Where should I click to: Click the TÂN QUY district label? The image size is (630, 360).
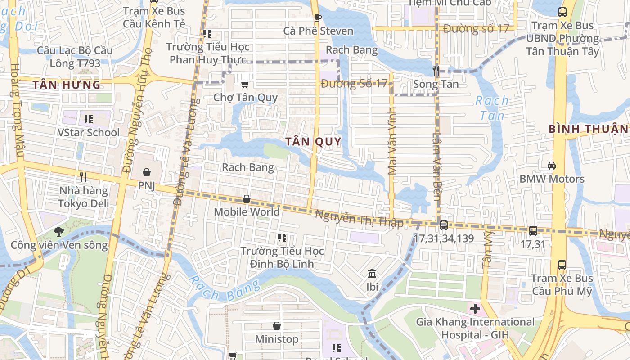(x=313, y=142)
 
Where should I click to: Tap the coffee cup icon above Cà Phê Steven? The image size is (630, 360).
(x=318, y=18)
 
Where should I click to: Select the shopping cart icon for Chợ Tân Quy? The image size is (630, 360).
(x=245, y=84)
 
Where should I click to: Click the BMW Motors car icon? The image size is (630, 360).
(x=552, y=166)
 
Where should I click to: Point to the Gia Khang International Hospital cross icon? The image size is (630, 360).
(x=475, y=309)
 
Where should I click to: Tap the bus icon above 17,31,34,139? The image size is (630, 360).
(x=443, y=225)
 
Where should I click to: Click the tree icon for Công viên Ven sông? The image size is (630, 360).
(x=59, y=232)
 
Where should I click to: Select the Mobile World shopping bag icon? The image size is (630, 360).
(x=247, y=199)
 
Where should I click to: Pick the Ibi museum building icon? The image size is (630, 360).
(x=372, y=274)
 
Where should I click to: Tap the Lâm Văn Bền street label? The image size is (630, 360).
(x=436, y=160)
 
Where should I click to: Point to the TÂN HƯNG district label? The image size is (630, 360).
(x=67, y=85)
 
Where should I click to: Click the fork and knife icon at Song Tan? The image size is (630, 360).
(x=436, y=71)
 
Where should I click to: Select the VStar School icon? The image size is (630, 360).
(x=89, y=119)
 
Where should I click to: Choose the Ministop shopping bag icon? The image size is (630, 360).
(x=277, y=326)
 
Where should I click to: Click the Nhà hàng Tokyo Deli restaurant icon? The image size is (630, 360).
(x=83, y=177)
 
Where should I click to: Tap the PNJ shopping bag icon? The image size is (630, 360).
(x=147, y=172)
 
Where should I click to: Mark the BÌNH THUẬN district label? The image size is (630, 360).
(x=588, y=129)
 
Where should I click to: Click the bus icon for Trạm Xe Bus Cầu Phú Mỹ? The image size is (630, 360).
(x=562, y=265)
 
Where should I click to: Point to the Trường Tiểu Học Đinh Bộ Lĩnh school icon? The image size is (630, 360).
(x=282, y=238)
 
